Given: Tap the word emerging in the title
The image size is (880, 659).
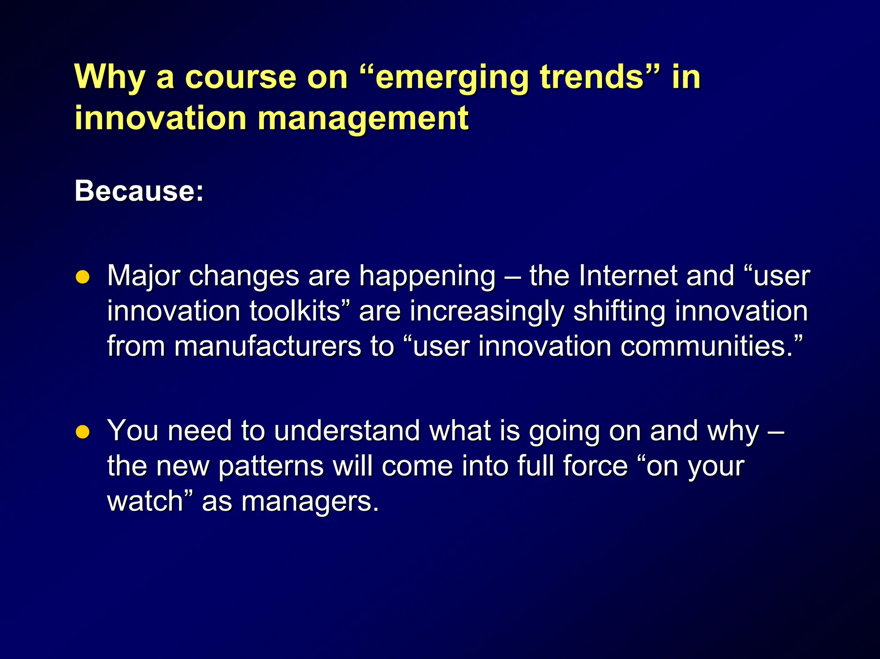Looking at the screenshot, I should (452, 78).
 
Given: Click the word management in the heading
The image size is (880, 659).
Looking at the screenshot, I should (363, 118).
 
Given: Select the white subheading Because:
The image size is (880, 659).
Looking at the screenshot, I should (139, 190).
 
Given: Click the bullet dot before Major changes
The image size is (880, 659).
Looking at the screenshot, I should (82, 277).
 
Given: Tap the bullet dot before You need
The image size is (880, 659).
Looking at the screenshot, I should (82, 432).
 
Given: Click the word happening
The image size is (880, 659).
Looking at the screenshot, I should (427, 276).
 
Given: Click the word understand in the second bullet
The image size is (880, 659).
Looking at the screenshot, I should (347, 430).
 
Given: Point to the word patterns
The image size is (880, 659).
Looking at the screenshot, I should (271, 467).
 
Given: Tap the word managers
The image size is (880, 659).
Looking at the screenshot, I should (309, 502).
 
